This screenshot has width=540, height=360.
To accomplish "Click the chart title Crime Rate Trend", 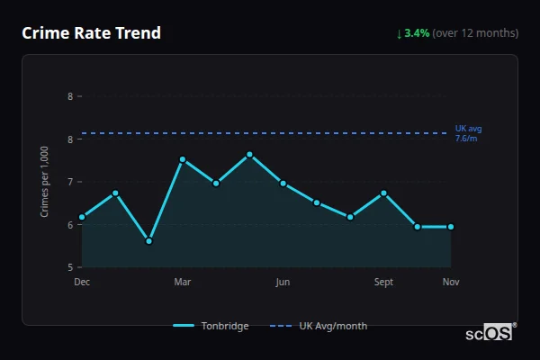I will click(x=91, y=33).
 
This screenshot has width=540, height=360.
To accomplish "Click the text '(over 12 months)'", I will click(x=475, y=33).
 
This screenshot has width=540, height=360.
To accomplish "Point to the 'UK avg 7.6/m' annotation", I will click(x=468, y=133).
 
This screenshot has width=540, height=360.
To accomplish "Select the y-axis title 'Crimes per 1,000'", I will click(x=45, y=181).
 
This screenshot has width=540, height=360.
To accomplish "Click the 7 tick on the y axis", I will click(x=70, y=182).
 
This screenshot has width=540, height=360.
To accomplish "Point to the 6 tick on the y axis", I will click(x=70, y=225).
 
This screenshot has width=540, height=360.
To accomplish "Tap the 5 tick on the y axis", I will click(x=70, y=267).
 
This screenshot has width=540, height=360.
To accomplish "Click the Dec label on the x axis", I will click(x=82, y=283).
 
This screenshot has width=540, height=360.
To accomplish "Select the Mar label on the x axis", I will click(x=183, y=283).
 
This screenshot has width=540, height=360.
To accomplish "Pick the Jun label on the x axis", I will click(x=283, y=283).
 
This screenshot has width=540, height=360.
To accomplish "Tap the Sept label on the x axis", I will click(x=383, y=283).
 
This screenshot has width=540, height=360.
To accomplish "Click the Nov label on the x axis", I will click(x=451, y=283).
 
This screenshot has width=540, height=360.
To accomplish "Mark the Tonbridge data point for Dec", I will click(x=82, y=217).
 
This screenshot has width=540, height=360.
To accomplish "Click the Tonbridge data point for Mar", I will click(x=183, y=160).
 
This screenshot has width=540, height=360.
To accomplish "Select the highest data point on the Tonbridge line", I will click(x=249, y=155).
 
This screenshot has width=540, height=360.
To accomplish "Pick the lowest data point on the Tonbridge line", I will click(x=149, y=241).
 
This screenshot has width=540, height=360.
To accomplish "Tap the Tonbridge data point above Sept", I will click(x=383, y=193).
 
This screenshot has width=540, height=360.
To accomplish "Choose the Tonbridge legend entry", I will click(x=211, y=326).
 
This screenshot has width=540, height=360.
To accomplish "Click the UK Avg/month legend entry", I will click(x=319, y=326).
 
